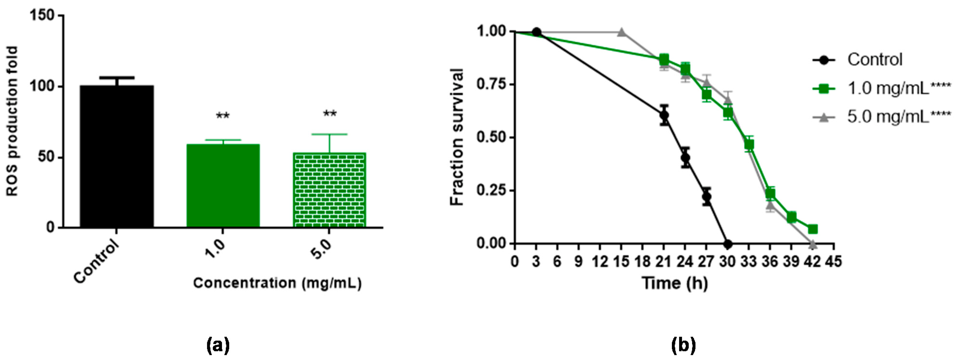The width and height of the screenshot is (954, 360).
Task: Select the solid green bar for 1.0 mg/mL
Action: (223, 185)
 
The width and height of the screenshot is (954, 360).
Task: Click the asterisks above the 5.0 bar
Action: (330, 114)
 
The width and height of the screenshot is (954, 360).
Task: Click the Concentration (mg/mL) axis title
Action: (277, 283)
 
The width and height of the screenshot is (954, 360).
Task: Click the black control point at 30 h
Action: (727, 244)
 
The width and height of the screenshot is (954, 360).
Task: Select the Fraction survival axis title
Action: (458, 137)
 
